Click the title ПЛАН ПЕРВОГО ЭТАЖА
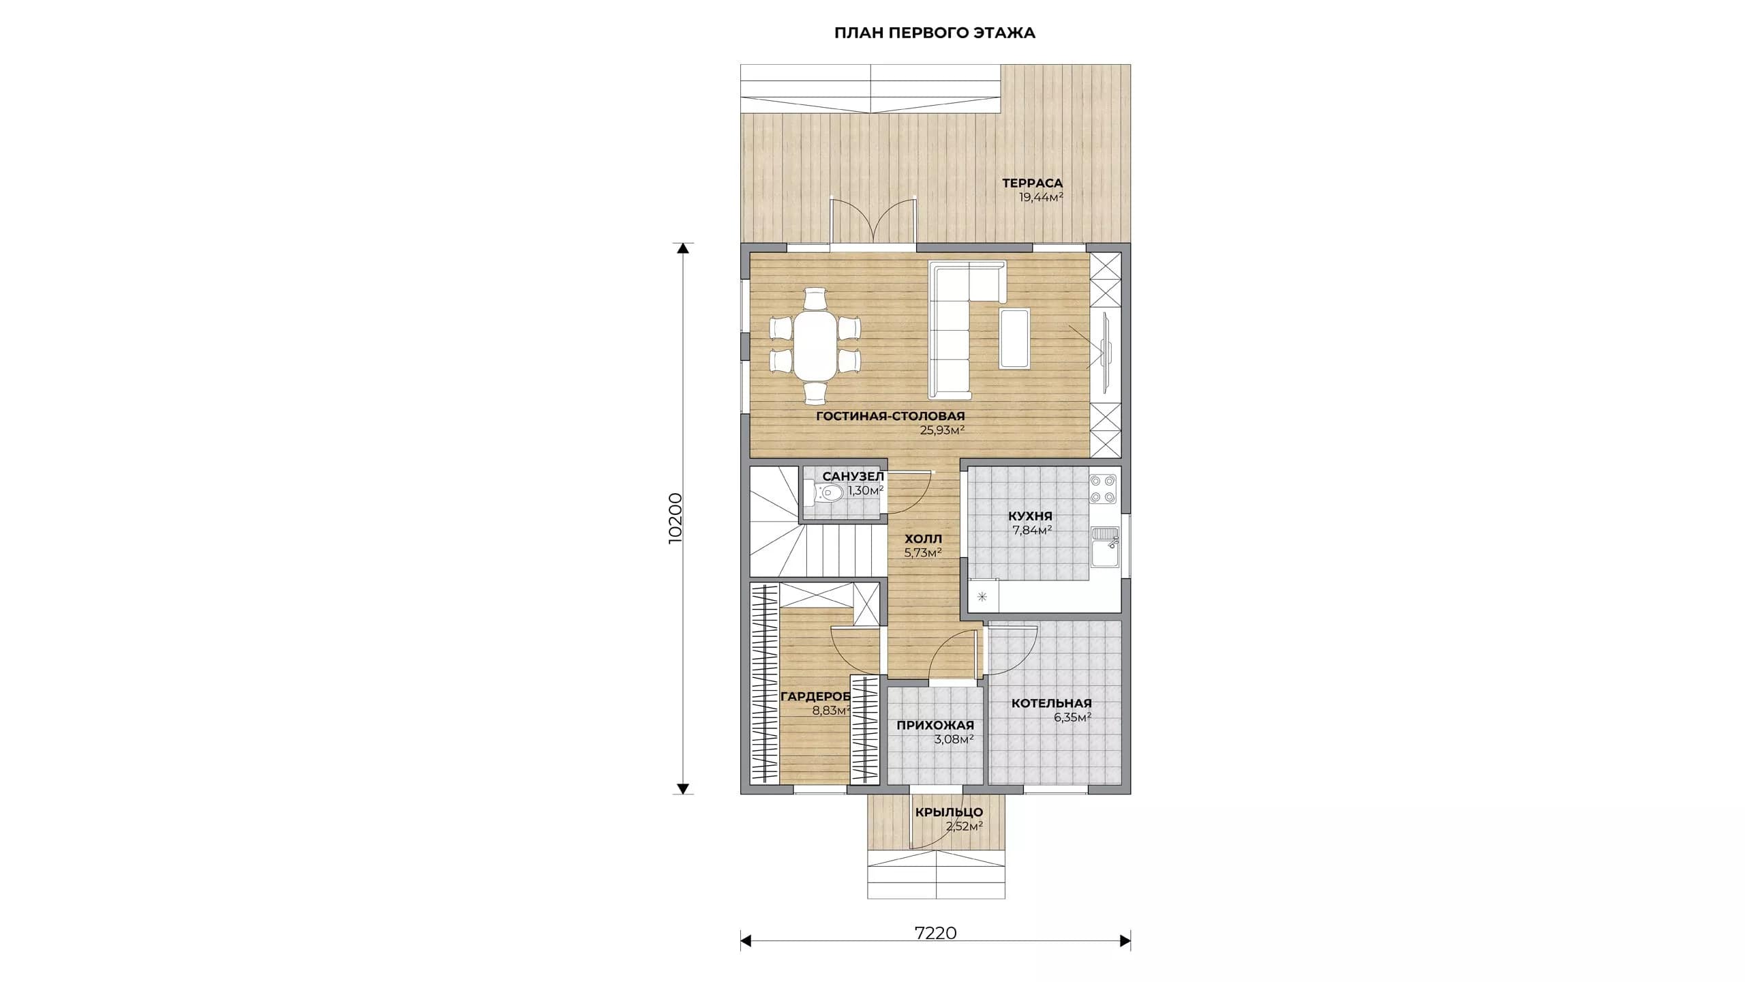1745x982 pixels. [935, 33]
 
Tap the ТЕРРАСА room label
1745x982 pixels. [1032, 183]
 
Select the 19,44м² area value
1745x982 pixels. [1041, 198]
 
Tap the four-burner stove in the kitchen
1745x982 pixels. [1102, 488]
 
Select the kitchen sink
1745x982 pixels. [1104, 548]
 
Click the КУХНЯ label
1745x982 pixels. [1030, 516]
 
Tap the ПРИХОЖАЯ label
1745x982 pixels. [935, 725]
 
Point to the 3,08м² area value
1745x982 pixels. [953, 739]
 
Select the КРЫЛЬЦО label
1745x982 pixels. [949, 812]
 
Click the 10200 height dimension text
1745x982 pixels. [676, 518]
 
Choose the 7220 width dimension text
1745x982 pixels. [935, 934]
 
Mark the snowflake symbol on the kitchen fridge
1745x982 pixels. [982, 597]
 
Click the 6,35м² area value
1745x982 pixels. [1072, 717]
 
